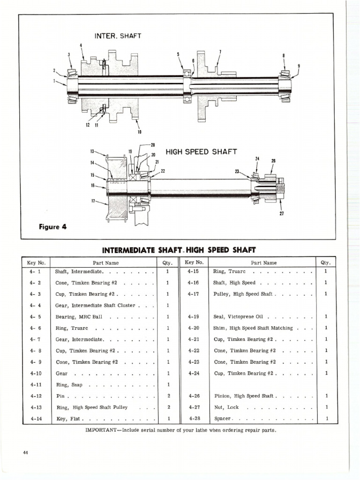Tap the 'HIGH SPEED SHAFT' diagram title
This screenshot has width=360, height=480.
202,152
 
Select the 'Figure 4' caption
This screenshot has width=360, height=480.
52,227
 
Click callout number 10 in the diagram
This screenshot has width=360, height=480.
139,132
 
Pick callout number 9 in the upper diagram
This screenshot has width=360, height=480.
299,65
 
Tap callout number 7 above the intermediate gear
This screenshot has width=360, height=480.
220,52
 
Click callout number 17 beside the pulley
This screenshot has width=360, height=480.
93,202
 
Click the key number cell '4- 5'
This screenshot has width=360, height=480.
36,317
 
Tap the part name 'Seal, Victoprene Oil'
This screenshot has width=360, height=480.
237,317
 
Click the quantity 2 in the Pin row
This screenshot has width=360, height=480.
168,396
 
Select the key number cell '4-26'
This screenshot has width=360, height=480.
194,396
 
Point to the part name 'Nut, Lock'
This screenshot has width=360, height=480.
226,407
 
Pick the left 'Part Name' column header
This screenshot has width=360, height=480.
106,263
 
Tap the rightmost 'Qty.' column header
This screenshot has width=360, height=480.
325,263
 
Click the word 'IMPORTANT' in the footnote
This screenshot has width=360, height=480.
102,430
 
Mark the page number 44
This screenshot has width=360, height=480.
25,452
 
